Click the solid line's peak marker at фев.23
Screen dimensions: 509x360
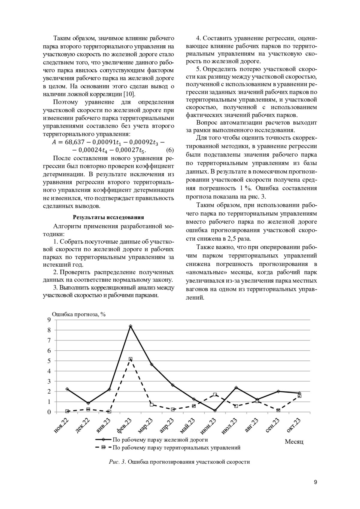130,326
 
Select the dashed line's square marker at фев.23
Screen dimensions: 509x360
130,359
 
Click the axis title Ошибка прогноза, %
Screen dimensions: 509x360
79,314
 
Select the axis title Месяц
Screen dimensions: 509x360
294,442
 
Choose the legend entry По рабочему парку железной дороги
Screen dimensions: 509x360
160,440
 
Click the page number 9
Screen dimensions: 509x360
315,483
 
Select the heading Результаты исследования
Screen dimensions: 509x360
108,217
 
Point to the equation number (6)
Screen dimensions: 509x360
170,150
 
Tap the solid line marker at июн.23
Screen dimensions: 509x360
215,410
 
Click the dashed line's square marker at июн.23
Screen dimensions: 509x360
215,395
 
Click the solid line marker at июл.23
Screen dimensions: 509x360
236,388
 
